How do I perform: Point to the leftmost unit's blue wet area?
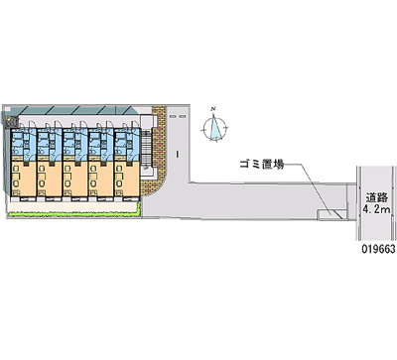click(x=22, y=144)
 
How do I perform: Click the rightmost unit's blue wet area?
click(x=125, y=144)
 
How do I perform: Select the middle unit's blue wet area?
click(x=73, y=144)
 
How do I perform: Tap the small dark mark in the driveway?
click(x=176, y=154)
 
